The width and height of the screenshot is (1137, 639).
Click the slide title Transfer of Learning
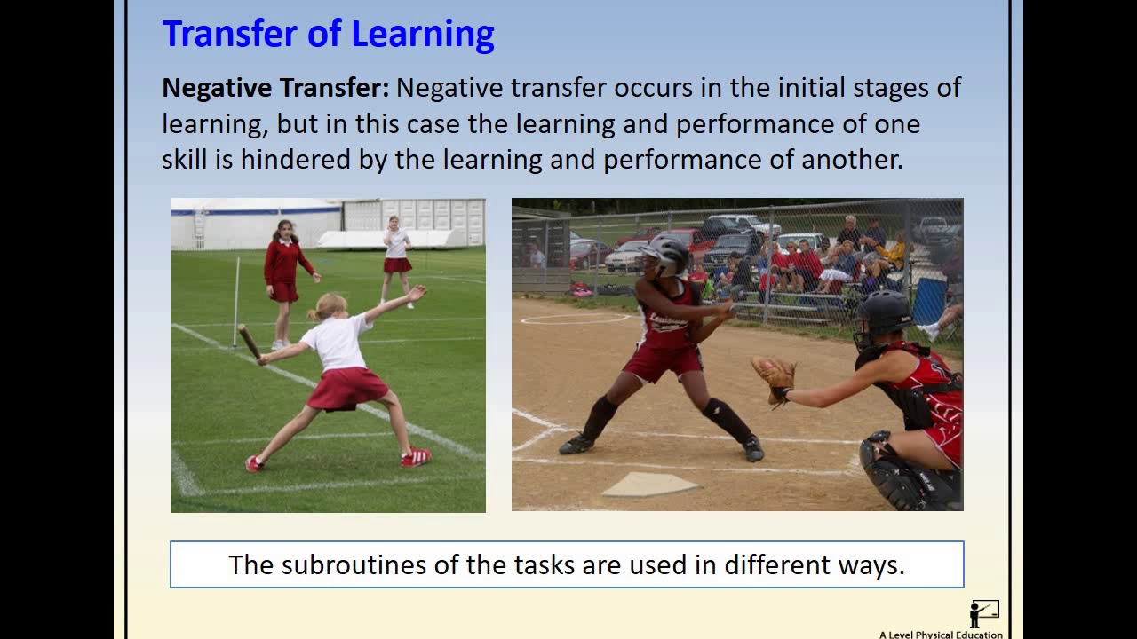click(328, 35)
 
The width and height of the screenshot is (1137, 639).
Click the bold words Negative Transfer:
click(275, 88)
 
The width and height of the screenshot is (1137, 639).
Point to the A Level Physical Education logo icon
click(984, 613)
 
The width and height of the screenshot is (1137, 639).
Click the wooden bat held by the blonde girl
click(250, 342)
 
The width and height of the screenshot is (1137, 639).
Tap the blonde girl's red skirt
click(347, 388)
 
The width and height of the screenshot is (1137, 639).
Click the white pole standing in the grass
click(236, 302)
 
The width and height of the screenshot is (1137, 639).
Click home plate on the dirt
click(650, 484)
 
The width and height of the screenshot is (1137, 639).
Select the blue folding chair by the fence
click(930, 302)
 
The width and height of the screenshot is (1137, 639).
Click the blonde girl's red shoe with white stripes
click(416, 457)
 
